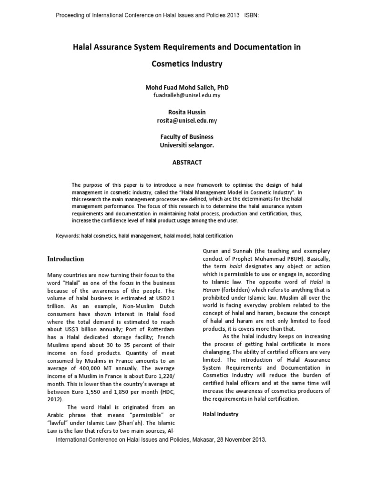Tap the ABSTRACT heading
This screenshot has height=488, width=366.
pyautogui.click(x=187, y=163)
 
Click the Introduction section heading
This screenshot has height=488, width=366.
pyautogui.click(x=65, y=259)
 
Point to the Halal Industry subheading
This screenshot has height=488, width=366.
pyautogui.click(x=221, y=414)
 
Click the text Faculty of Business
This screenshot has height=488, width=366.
pyautogui.click(x=187, y=137)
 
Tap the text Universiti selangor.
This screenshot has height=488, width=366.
pyautogui.click(x=187, y=145)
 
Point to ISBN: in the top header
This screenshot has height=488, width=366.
pyautogui.click(x=252, y=15)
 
